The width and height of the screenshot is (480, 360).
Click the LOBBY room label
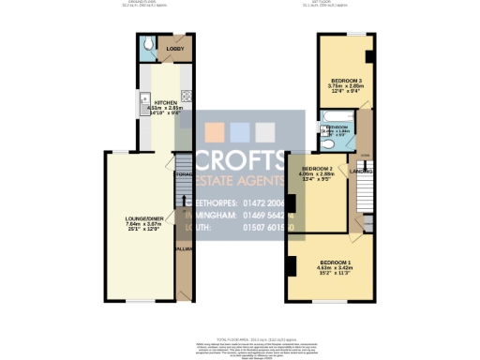point(174,48)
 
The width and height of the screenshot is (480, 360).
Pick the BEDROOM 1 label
point(336,261)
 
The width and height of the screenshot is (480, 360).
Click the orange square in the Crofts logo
point(215,130)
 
